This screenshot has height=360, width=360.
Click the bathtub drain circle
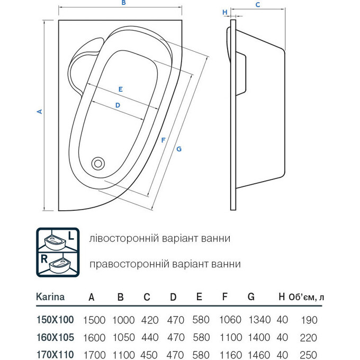[x=98, y=164]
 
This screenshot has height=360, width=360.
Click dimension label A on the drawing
[x=39, y=112]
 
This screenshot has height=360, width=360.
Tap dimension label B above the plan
[x=123, y=3]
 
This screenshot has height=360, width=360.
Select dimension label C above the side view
[x=258, y=5]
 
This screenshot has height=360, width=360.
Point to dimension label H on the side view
[x=225, y=13]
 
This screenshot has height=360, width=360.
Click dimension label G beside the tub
[x=179, y=149]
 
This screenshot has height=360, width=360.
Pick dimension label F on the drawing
[x=164, y=140]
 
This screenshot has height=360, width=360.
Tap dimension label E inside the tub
[x=120, y=89]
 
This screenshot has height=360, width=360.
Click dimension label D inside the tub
[x=118, y=105]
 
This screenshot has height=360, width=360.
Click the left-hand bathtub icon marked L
[x=57, y=240]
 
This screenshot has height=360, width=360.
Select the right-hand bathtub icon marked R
[x=57, y=264]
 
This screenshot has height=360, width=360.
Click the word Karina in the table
[x=50, y=297]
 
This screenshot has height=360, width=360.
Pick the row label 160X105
[x=55, y=337]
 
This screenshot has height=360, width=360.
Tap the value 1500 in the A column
[x=95, y=320]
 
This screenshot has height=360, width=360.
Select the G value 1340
[x=259, y=320]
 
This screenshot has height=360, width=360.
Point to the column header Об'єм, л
[x=307, y=298]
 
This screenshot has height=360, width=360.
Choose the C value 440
[x=150, y=337]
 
